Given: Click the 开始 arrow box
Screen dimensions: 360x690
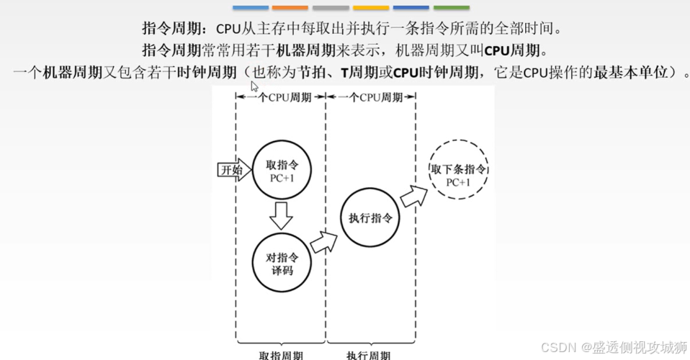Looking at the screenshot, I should click(234, 170).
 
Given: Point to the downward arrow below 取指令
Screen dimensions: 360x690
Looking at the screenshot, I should click(281, 215).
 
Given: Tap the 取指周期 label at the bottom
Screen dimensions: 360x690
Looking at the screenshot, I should click(281, 355).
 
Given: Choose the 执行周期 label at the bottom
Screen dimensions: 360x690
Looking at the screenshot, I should click(369, 355).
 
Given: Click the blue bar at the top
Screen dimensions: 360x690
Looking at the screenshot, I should click(251, 8).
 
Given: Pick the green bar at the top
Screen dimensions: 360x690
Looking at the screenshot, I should click(452, 8).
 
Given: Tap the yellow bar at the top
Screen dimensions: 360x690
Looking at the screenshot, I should click(371, 8).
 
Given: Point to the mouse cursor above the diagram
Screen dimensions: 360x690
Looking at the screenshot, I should click(254, 86).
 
